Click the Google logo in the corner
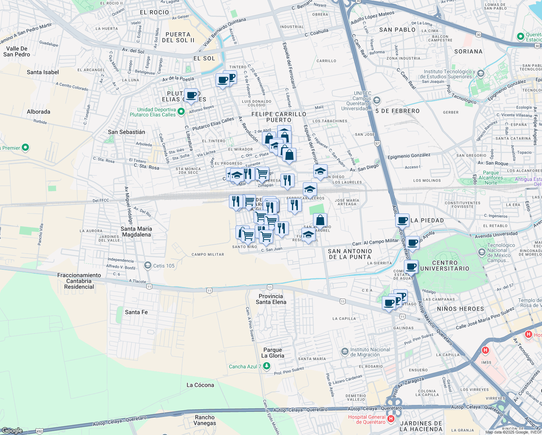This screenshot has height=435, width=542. click(12, 430)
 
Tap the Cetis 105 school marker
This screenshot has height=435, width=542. click(147, 266)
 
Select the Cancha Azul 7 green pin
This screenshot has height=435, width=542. click(267, 366)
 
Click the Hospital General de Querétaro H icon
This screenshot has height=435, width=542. click(391, 419)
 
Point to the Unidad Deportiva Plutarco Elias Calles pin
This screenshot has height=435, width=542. click(182, 112)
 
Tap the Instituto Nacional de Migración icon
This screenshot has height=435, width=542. click(345, 352)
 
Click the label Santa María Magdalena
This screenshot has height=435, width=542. click(136, 232)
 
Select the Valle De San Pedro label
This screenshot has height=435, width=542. click(17, 51)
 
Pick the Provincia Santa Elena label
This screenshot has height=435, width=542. click(271, 299)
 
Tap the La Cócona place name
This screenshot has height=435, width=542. click(200, 385)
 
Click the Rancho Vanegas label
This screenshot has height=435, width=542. click(205, 420)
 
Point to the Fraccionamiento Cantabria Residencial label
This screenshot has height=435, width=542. click(79, 281)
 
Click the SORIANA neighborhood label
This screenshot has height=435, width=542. click(468, 51)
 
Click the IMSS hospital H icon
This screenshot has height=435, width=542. click(485, 350)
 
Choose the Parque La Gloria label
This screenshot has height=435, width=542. click(273, 353)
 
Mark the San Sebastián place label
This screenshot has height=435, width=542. click(126, 132)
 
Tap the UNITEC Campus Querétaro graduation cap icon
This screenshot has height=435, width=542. click(377, 100)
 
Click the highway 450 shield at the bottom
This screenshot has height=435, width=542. click(39, 431)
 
